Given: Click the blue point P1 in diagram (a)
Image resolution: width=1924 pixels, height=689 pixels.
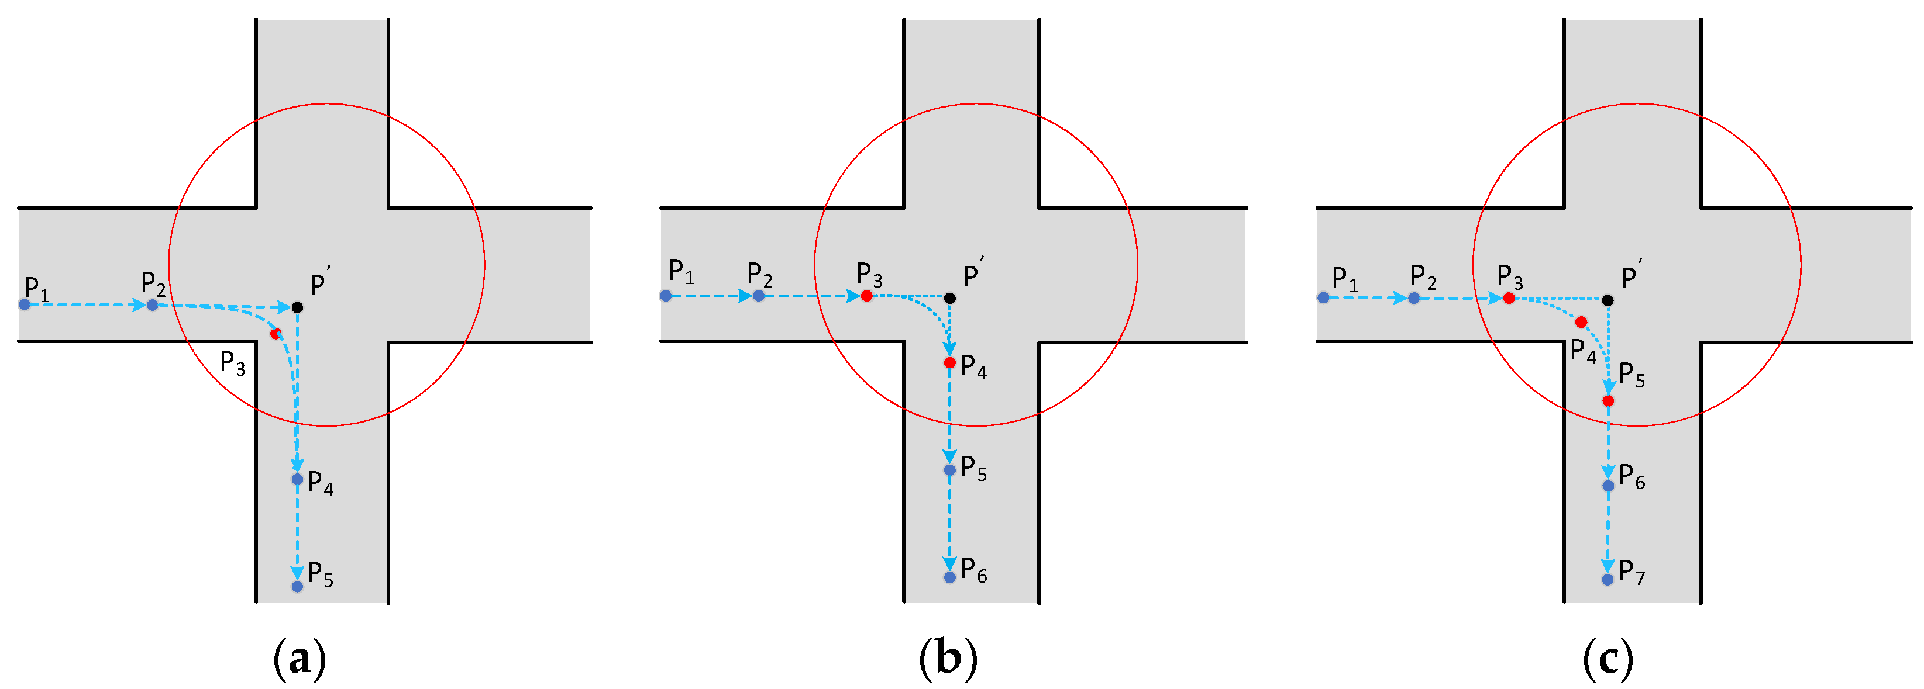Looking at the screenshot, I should point(25,304).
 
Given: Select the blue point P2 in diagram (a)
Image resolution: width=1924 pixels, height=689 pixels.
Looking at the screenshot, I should point(152,304).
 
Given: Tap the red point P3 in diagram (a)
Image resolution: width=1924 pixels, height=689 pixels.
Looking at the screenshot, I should point(276,333).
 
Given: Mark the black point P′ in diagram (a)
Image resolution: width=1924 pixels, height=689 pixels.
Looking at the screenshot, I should point(297,307).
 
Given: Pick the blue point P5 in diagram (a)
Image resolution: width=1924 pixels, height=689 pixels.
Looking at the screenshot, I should point(297,586).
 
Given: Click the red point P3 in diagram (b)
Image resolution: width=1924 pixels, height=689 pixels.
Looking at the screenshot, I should point(866,296).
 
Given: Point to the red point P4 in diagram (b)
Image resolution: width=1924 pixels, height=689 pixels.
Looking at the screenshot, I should point(949,362).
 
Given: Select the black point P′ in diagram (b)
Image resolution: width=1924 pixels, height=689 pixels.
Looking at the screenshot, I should point(949,298).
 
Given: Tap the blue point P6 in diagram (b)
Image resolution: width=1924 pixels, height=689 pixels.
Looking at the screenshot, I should point(949,577).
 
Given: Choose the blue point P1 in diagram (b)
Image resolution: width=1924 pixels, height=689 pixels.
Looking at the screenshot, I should point(666,296).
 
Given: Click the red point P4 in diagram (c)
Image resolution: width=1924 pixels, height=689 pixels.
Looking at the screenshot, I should point(1581,322).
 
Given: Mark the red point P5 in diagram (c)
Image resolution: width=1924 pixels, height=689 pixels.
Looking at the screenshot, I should point(1608,401).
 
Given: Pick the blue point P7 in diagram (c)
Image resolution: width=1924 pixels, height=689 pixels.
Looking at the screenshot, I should point(1608,579).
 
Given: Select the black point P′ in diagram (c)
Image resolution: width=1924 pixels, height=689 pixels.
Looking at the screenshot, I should point(1608,300).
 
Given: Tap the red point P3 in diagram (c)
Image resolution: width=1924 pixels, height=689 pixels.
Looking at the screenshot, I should point(1509,298).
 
